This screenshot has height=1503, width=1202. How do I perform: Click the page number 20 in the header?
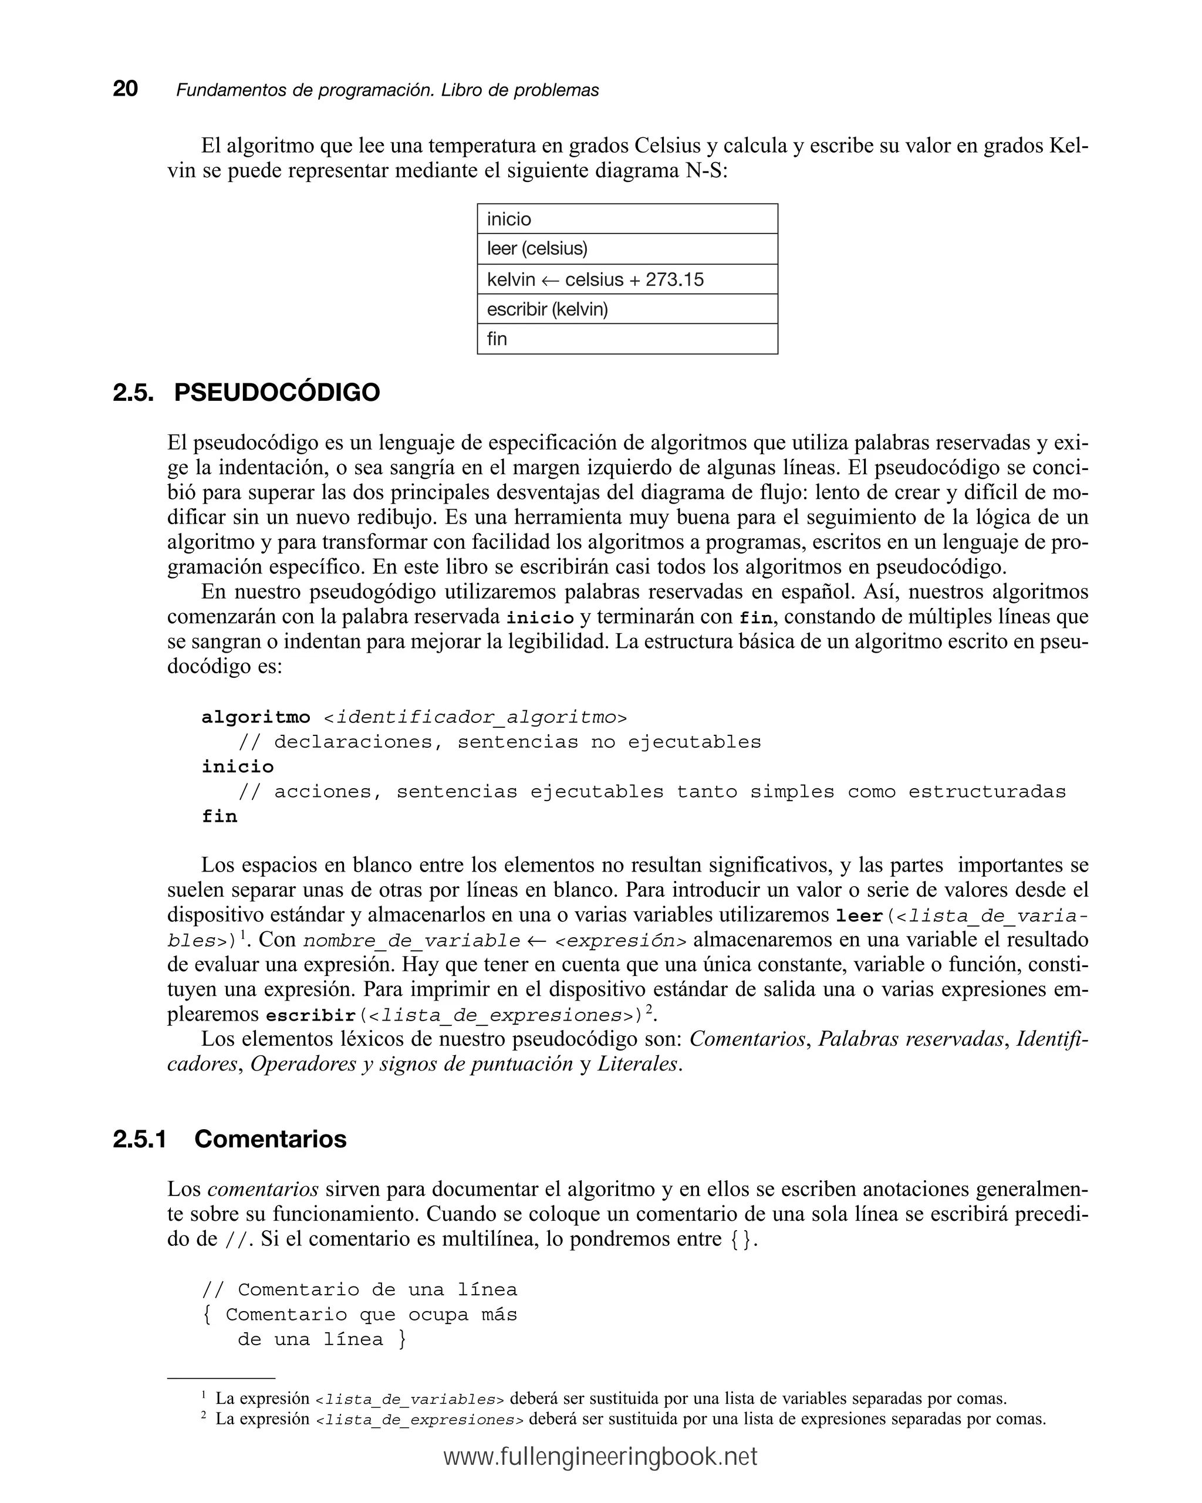pyautogui.click(x=126, y=89)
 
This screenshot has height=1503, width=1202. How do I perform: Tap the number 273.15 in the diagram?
pyautogui.click(x=674, y=279)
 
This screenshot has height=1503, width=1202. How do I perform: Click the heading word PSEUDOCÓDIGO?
pyautogui.click(x=277, y=393)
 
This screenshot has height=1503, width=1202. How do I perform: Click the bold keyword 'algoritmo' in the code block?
pyautogui.click(x=256, y=717)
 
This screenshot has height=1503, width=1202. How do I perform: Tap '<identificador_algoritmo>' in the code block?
pyautogui.click(x=475, y=717)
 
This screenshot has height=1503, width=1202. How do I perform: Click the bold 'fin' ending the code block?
pyautogui.click(x=220, y=816)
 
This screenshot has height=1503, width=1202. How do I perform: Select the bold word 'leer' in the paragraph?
pyautogui.click(x=859, y=916)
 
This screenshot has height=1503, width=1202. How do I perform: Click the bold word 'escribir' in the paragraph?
pyautogui.click(x=311, y=1015)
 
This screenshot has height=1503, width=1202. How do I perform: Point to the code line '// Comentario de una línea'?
pyautogui.click(x=360, y=1290)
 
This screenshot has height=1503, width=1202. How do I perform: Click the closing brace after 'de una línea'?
pyautogui.click(x=401, y=1339)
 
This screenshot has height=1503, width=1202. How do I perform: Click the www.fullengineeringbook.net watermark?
pyautogui.click(x=600, y=1457)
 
